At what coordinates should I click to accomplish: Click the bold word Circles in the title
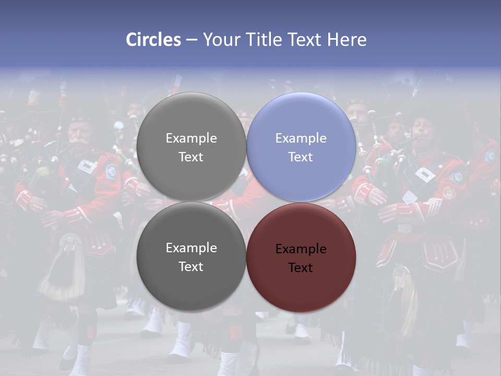pyautogui.click(x=153, y=40)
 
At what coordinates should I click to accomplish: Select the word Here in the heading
pyautogui.click(x=347, y=40)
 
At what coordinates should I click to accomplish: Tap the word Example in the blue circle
pyautogui.click(x=301, y=138)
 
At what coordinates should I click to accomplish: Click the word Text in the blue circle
pyautogui.click(x=301, y=157)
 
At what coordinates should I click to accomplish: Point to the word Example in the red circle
pyautogui.click(x=301, y=249)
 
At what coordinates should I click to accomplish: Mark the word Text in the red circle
pyautogui.click(x=301, y=267)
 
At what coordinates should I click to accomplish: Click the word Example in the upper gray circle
pyautogui.click(x=191, y=138)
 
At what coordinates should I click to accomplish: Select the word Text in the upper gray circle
pyautogui.click(x=191, y=157)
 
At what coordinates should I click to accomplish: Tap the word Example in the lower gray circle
pyautogui.click(x=191, y=248)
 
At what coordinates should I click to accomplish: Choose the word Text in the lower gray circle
pyautogui.click(x=191, y=266)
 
